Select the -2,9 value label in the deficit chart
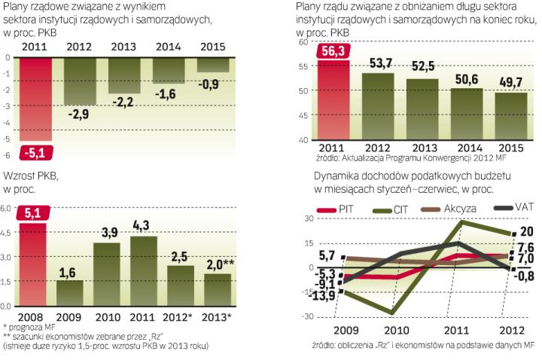coord(78,114)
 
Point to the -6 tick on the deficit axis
coord(8,155)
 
